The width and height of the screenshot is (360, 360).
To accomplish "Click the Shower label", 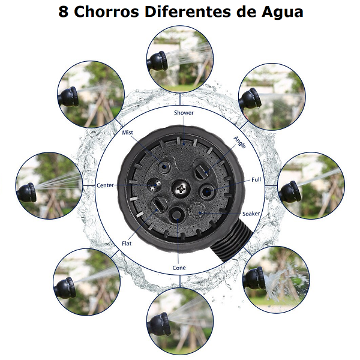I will [184, 112].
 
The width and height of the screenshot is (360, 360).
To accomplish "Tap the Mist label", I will [127, 132].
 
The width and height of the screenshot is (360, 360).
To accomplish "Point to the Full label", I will [256, 179].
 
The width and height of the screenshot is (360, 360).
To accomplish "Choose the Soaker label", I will [251, 214].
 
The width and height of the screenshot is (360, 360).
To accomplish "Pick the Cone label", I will [179, 268].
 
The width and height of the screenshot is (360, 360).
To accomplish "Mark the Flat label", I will [127, 243].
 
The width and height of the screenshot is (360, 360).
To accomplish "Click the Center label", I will [105, 185].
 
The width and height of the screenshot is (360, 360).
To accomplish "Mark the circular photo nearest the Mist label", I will [88, 97].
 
